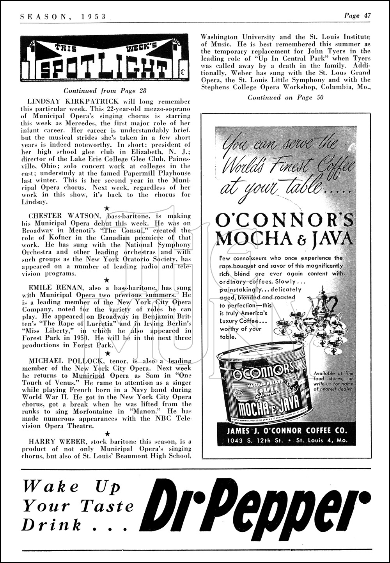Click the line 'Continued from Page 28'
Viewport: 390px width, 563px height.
[x=105, y=91]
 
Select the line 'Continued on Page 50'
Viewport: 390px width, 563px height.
[x=285, y=98]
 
